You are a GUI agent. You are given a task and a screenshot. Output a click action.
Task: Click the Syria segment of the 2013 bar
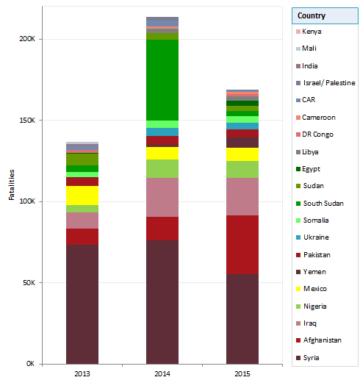click(x=82, y=304)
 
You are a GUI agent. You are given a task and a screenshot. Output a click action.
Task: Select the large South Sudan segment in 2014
click(x=162, y=79)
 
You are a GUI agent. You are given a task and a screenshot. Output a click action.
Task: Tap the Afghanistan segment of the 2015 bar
click(x=242, y=245)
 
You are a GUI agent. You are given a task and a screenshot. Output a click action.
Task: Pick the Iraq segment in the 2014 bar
click(x=162, y=197)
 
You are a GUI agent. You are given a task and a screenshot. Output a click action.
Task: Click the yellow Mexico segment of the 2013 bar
click(x=82, y=196)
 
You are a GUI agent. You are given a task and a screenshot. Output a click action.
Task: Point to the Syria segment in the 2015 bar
click(x=242, y=319)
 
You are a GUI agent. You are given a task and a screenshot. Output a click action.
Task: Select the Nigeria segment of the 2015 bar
click(x=242, y=169)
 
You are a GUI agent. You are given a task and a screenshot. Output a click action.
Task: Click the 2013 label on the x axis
click(x=82, y=373)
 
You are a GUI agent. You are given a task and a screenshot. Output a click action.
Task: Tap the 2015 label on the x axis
click(x=242, y=373)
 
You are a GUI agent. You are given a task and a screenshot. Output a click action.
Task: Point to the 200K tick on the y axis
click(x=26, y=39)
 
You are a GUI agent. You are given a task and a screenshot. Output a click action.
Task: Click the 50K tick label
click(x=28, y=283)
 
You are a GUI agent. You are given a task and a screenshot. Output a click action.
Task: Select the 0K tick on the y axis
click(x=30, y=364)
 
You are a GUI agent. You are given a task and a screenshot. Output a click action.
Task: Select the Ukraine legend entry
click(x=315, y=237)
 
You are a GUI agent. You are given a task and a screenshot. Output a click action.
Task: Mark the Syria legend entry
click(x=312, y=358)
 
